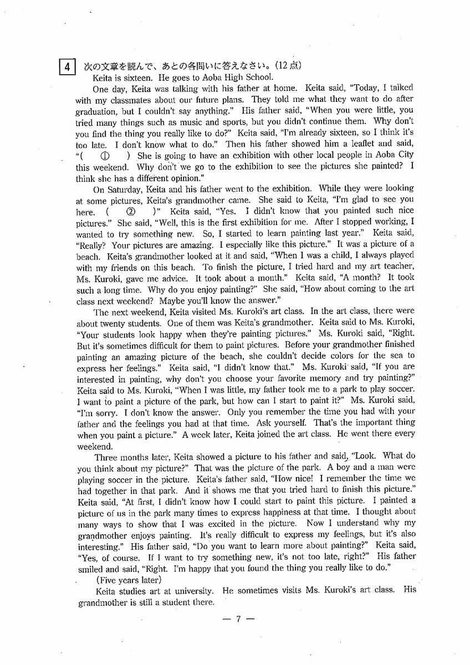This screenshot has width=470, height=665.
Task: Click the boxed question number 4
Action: point(67,67)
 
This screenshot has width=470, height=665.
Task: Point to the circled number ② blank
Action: point(131,212)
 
